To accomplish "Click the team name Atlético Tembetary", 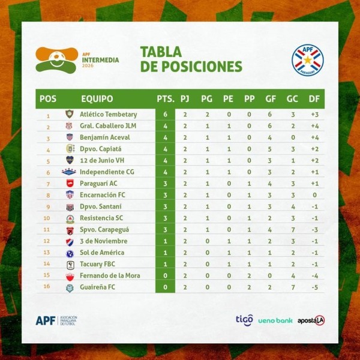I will [108, 115].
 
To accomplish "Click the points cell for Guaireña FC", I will [166, 287].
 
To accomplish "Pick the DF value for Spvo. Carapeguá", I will [313, 230].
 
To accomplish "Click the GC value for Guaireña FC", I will [292, 287].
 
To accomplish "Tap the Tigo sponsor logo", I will [244, 320].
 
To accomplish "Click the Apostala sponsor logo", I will [311, 320].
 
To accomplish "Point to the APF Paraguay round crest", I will [307, 60].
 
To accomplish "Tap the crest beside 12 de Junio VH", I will [70, 160].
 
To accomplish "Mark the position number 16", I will [47, 287].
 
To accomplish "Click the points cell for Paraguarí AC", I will [166, 184].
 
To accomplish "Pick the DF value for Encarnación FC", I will [313, 195].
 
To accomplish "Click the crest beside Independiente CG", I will [70, 172].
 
